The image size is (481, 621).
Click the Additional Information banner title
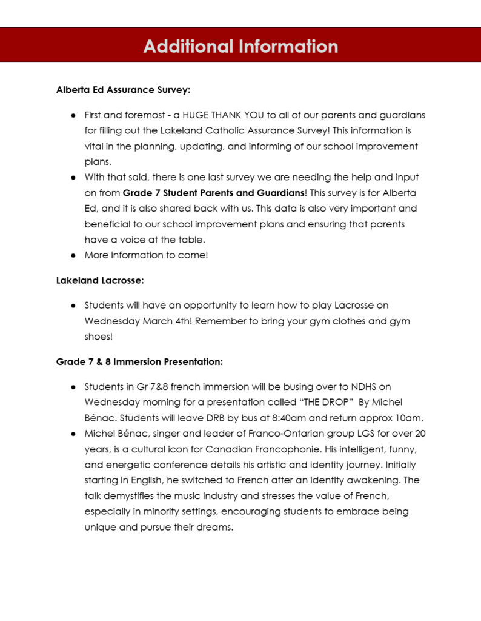(x=240, y=46)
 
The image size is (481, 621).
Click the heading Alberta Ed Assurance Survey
(x=123, y=90)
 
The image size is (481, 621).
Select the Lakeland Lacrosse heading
(x=99, y=280)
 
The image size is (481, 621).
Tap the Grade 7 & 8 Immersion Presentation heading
(x=139, y=362)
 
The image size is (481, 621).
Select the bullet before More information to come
(x=73, y=255)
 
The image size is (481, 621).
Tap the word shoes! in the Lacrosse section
(x=99, y=337)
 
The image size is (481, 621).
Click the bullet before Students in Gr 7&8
(x=73, y=386)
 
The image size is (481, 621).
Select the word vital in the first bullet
(x=95, y=146)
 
